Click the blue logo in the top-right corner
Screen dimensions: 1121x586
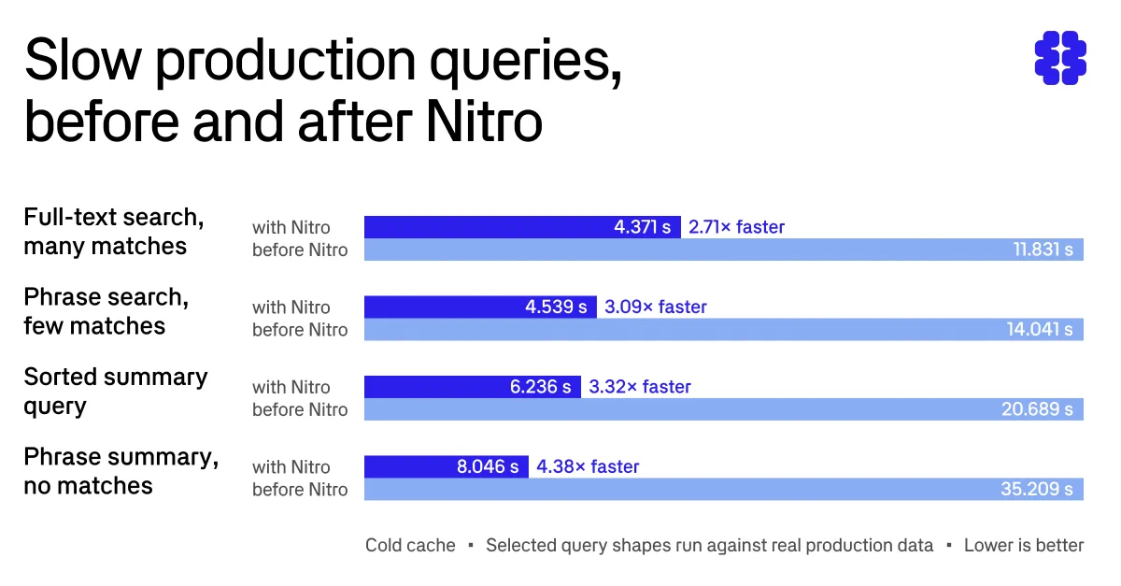(x=1060, y=58)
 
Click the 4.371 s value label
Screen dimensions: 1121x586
(x=642, y=227)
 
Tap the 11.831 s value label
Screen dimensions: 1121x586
(x=1043, y=250)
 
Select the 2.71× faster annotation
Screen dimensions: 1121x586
(x=737, y=227)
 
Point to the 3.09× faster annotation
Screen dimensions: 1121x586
(x=656, y=307)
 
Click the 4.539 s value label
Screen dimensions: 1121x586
(x=556, y=307)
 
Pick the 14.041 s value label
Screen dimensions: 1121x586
(x=1040, y=330)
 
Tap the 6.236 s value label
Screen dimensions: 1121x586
(x=541, y=387)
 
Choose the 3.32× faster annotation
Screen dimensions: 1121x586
(x=640, y=387)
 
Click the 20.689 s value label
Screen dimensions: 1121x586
(x=1038, y=409)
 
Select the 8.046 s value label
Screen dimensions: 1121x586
(x=488, y=466)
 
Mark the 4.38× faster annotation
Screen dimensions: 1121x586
(x=588, y=466)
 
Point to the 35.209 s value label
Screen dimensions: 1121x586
(x=1037, y=489)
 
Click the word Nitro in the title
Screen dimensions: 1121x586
(x=484, y=121)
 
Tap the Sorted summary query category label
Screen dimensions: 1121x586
(x=116, y=392)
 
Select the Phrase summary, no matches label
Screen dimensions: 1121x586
(x=121, y=471)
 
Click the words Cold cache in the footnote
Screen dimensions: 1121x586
(x=410, y=545)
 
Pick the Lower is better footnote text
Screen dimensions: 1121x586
(x=1024, y=545)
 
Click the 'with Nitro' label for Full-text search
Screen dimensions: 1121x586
(x=291, y=228)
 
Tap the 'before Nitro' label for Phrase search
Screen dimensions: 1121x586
(x=300, y=330)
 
